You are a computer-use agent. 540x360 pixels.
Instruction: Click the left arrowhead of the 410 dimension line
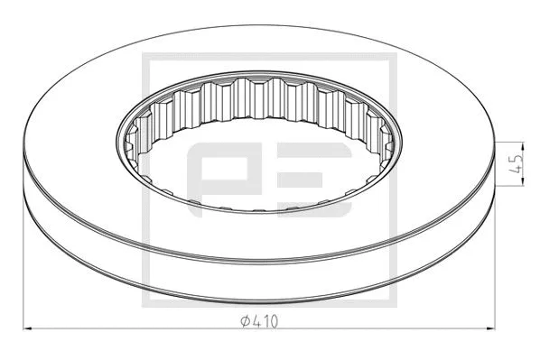coord(28,327)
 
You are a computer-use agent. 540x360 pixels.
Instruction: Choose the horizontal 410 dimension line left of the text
coord(135,327)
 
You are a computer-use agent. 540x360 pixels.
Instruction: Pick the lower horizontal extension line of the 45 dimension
coord(510,189)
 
